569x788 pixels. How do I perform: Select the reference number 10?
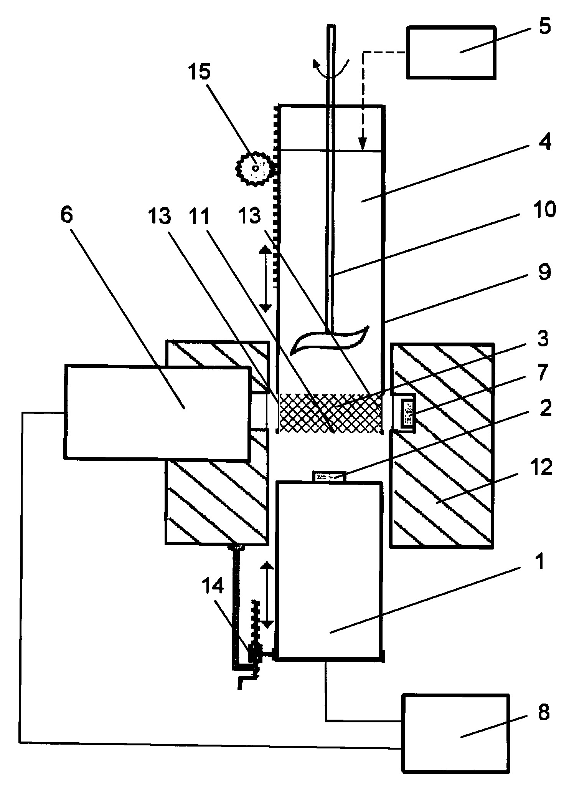543,210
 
